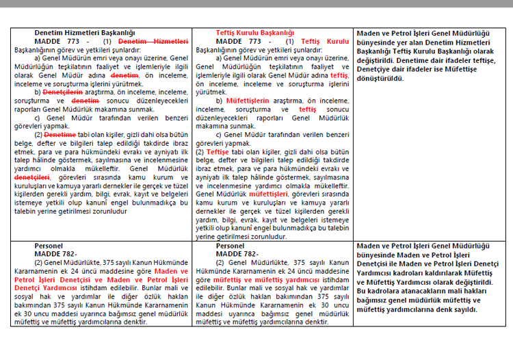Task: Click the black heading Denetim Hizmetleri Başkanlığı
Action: coord(85,32)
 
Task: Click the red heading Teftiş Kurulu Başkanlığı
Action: coord(255,32)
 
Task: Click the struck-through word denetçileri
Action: coord(32,177)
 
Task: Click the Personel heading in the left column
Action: coord(49,245)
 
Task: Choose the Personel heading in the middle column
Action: coord(230,245)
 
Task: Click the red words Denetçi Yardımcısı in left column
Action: coord(47,287)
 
